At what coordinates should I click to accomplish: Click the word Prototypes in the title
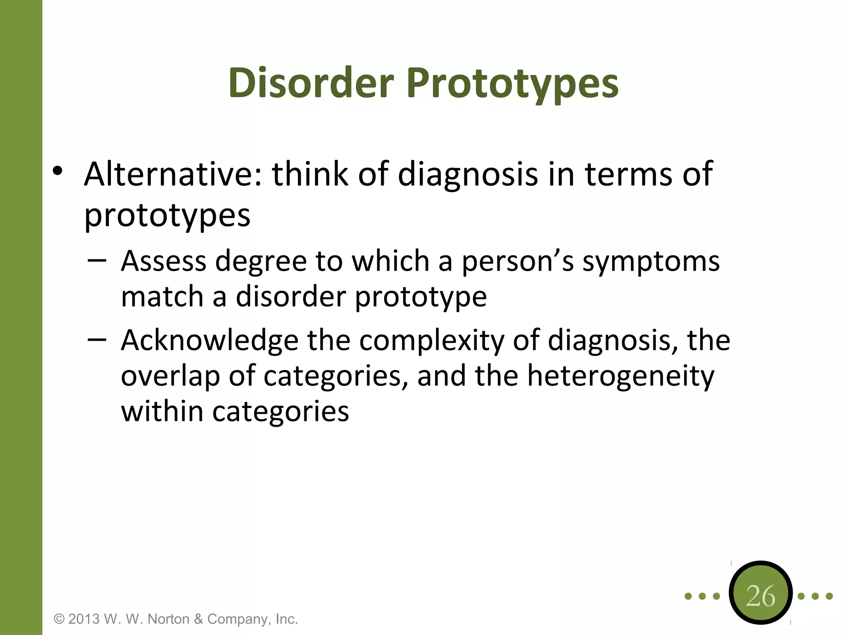coord(512,84)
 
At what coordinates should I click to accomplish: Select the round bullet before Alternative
coord(57,171)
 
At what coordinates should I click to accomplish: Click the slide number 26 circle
coord(761,596)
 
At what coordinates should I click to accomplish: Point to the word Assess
coord(163,261)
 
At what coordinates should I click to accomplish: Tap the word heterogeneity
coord(620,377)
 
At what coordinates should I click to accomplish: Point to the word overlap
coord(170,377)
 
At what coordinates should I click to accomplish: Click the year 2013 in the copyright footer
coord(84,619)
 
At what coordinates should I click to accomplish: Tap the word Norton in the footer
coord(168,619)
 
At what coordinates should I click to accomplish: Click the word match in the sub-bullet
coord(162,297)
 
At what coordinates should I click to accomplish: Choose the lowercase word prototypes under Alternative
coord(167,216)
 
